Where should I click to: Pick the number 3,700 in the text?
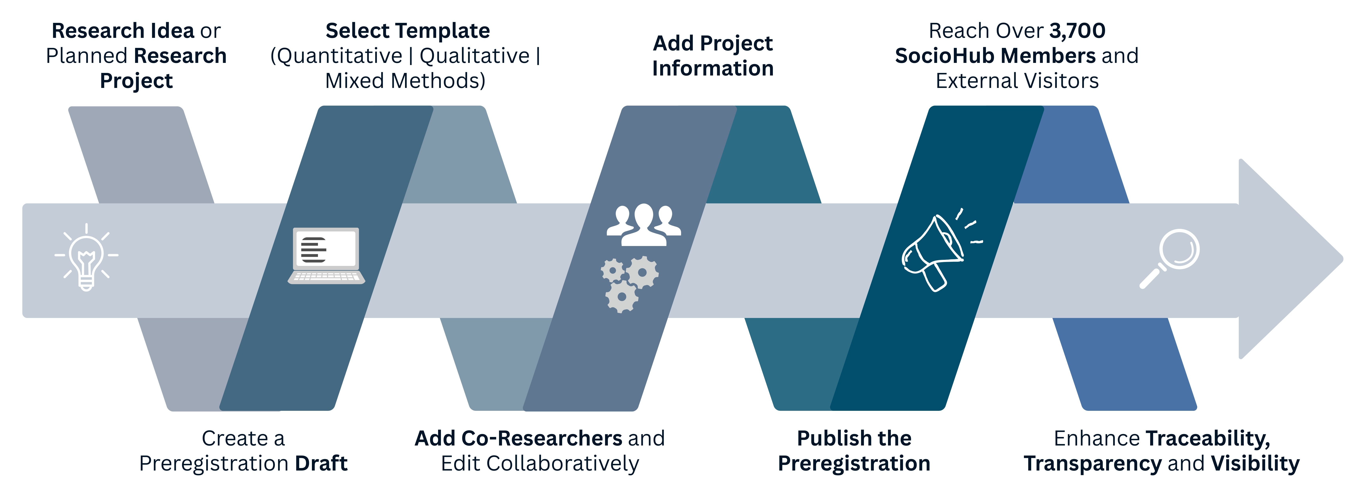click(x=1077, y=31)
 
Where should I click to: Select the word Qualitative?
click(x=475, y=56)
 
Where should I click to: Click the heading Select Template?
click(x=407, y=31)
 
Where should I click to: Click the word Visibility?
click(x=1255, y=463)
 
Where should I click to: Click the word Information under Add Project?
click(x=713, y=68)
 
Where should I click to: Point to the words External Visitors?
click(x=1017, y=81)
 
